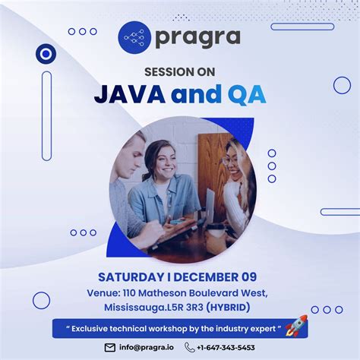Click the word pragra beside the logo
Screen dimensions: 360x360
click(x=197, y=36)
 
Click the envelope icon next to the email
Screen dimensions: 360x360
click(x=109, y=348)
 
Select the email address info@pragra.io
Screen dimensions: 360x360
click(x=146, y=348)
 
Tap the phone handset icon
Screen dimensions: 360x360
click(x=189, y=348)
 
